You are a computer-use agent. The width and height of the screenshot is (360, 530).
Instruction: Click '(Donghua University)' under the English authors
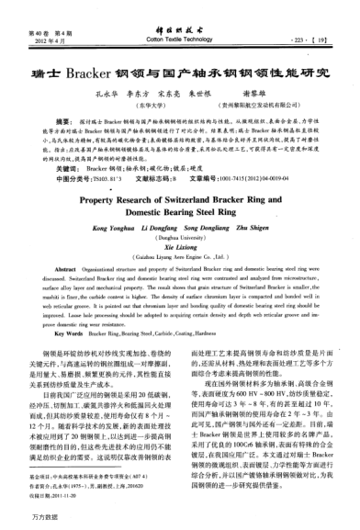180,237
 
